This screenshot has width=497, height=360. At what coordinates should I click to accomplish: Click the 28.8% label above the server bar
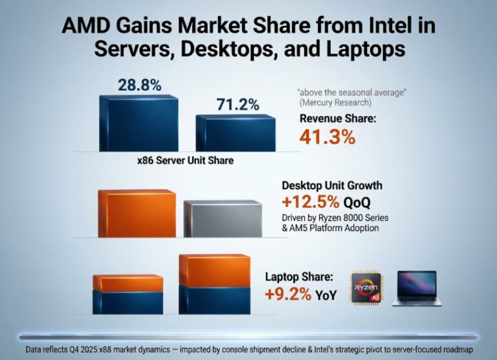click(139, 85)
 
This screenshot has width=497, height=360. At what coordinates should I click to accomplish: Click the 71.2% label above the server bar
click(237, 104)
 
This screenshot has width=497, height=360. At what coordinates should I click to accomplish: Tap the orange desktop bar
click(137, 214)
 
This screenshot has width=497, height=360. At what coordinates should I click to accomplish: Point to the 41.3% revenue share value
click(327, 137)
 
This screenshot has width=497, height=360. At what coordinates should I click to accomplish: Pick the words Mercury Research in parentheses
click(335, 103)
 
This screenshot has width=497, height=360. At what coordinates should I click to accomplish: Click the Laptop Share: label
click(299, 277)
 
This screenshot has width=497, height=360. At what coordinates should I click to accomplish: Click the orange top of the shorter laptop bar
click(128, 283)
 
